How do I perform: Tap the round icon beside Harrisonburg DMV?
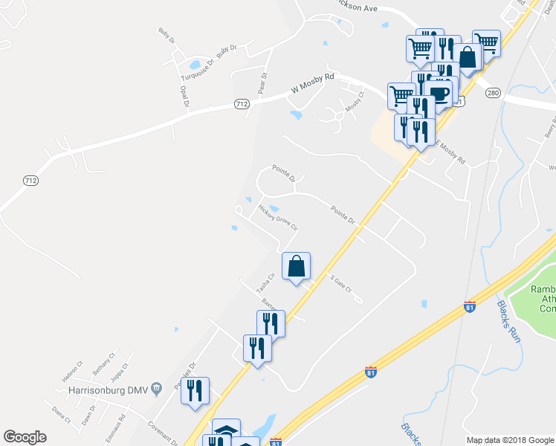pyautogui.click(x=156, y=388)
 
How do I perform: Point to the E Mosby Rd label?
pyautogui.click(x=450, y=152)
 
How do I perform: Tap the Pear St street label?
pyautogui.click(x=262, y=83)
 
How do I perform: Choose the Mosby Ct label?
pyautogui.click(x=353, y=101)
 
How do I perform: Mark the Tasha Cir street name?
pyautogui.click(x=265, y=282)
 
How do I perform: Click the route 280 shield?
pyautogui.click(x=493, y=93)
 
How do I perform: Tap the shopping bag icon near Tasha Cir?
pyautogui.click(x=296, y=265)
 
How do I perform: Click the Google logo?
pyautogui.click(x=25, y=437)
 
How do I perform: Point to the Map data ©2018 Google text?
pyautogui.click(x=510, y=440)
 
